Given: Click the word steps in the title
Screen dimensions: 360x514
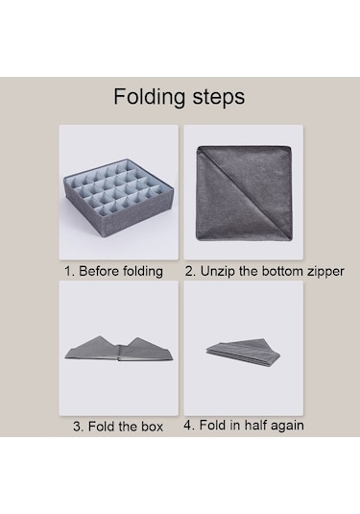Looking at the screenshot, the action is coord(219,97).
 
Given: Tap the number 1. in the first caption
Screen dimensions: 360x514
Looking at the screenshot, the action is coord(70,271).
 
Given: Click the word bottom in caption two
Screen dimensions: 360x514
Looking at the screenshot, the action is coord(278,271).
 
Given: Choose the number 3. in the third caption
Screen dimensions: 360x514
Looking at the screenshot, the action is coord(79,427).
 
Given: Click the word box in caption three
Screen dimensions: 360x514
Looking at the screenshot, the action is coord(152,427).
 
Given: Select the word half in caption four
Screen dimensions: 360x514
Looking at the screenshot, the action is coord(254,425).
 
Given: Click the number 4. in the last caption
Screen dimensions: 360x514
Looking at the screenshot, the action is coord(189,425).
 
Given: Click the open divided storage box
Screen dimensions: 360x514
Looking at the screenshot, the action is coord(118,196).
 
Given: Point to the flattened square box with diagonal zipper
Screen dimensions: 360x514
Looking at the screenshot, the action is coord(244,193).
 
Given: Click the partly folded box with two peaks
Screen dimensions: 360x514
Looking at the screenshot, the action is coord(119,349).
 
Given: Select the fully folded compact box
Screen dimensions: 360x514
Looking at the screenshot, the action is coord(244,352).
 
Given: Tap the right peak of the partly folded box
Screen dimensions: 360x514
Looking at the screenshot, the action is coord(138,338).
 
